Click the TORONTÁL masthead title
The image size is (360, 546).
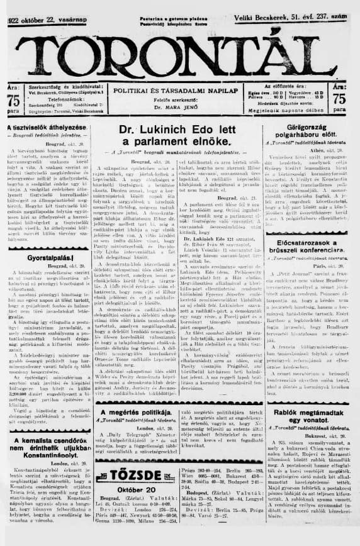tap(179, 52)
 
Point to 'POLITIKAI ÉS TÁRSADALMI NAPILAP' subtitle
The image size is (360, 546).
tap(180, 91)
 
